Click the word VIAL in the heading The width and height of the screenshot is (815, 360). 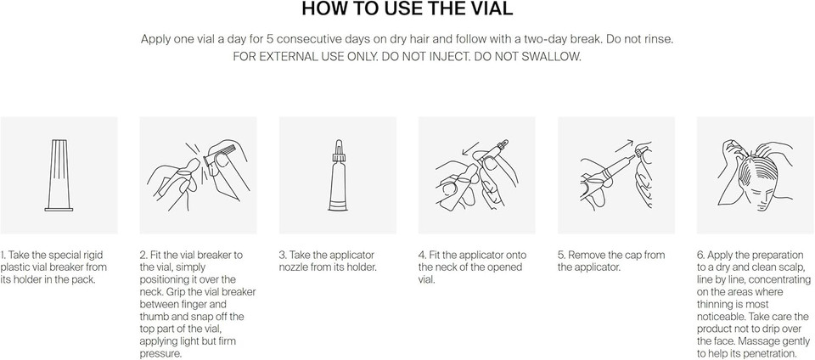pyautogui.click(x=490, y=9)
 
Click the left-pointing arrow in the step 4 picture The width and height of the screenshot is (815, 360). pyautogui.click(x=471, y=147)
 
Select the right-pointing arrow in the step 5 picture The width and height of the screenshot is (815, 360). pyautogui.click(x=625, y=145)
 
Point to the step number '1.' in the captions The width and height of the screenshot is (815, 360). pyautogui.click(x=3, y=255)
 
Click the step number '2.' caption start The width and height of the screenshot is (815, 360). pyautogui.click(x=143, y=255)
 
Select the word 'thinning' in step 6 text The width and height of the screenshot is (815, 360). pyautogui.click(x=715, y=305)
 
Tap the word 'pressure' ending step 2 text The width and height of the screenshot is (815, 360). pyautogui.click(x=160, y=354)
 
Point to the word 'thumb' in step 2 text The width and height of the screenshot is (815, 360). pyautogui.click(x=154, y=317)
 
